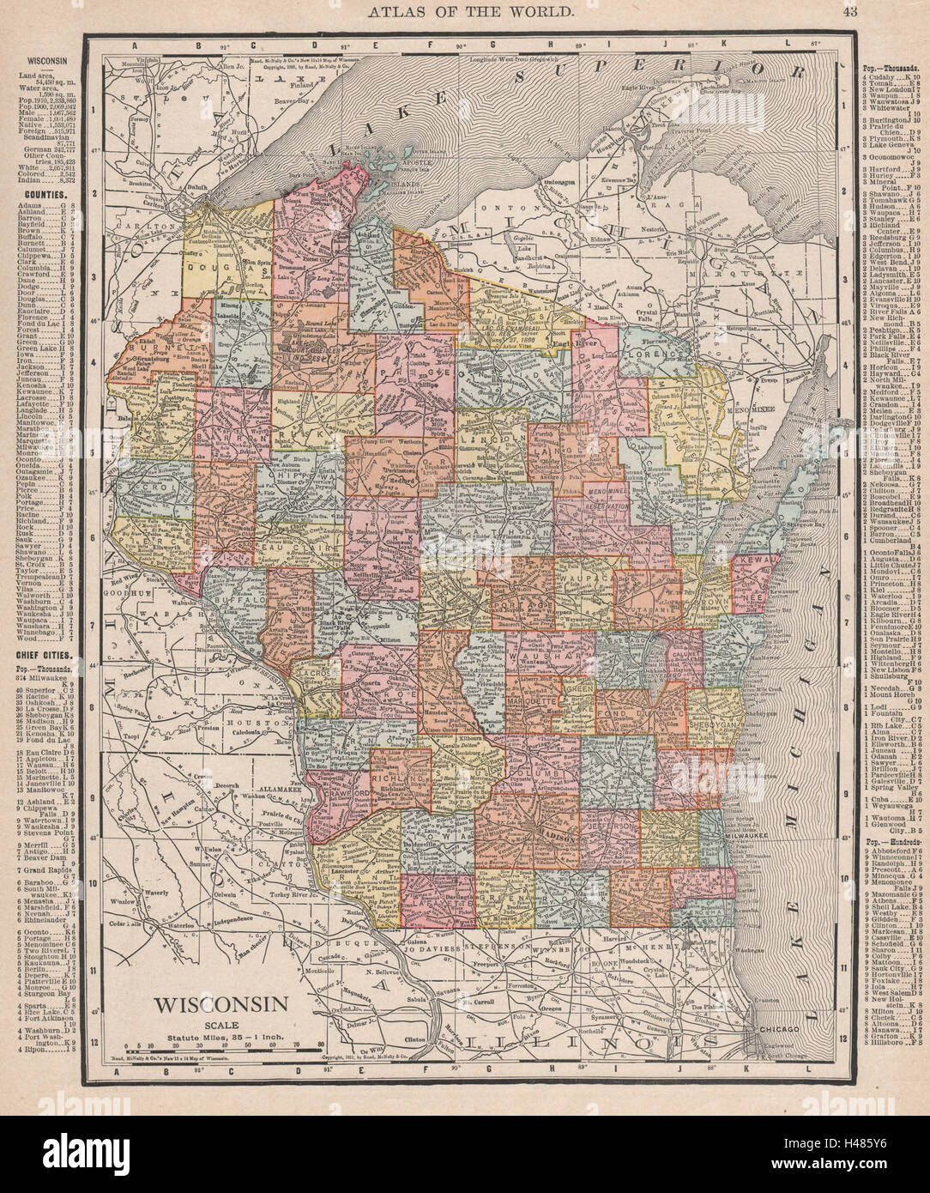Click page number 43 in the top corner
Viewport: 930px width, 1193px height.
[x=849, y=11]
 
